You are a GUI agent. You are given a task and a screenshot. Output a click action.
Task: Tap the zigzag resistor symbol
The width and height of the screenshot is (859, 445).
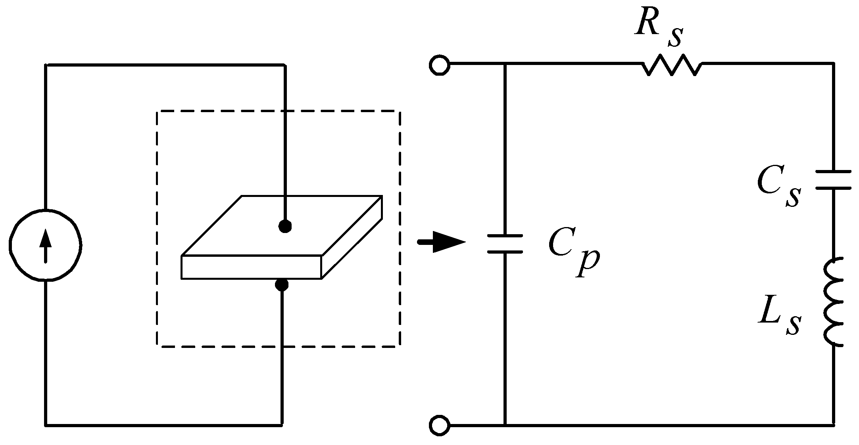point(672,65)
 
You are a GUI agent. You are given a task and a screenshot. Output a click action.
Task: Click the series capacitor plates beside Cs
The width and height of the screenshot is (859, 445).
point(833,180)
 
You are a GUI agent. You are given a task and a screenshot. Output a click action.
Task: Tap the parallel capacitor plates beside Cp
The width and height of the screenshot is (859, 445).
point(505,244)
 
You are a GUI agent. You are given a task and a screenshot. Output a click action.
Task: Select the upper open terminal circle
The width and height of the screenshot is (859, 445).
point(439,65)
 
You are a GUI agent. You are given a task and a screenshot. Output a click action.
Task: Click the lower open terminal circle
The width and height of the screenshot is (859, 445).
point(439,425)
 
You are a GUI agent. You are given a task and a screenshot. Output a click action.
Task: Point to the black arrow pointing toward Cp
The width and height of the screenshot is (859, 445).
point(441,242)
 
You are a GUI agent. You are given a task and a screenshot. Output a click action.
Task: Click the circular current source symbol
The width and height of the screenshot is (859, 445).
point(46,245)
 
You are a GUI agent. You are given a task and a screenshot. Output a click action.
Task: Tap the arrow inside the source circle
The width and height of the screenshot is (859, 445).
point(46,246)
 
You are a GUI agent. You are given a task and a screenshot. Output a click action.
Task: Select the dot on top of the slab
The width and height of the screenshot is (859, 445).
point(285,226)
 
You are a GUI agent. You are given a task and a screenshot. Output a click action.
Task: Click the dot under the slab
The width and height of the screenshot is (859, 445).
point(282,285)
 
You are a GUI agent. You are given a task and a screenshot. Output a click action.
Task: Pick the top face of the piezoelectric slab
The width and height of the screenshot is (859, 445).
point(282,226)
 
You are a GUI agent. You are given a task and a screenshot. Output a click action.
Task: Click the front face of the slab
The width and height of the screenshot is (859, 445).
point(251,267)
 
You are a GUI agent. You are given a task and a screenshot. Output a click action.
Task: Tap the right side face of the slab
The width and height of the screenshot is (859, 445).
point(352,237)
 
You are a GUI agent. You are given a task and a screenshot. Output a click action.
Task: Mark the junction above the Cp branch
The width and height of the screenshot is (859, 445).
point(505,64)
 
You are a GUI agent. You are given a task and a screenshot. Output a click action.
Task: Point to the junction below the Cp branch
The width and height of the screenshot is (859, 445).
point(505,425)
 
